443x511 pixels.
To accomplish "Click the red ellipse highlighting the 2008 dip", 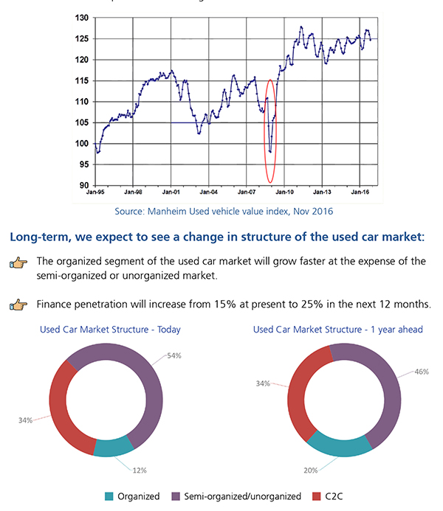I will click(x=270, y=131).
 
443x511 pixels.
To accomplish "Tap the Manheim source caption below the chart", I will click(x=224, y=212).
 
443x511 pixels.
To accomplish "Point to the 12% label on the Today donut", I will click(x=140, y=470).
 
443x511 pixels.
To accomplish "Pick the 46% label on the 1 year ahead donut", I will click(x=422, y=372).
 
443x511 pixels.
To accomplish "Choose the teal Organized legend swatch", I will click(x=110, y=496).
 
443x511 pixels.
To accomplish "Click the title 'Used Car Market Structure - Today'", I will click(x=110, y=330).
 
